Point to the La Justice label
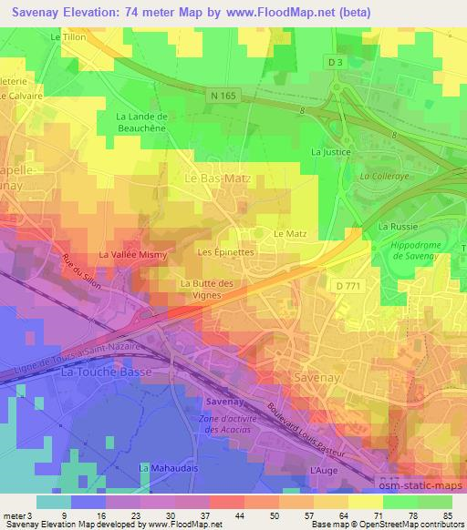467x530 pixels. pos(331,152)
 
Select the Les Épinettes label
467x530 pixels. pos(225,251)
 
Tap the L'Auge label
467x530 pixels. pos(318,469)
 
